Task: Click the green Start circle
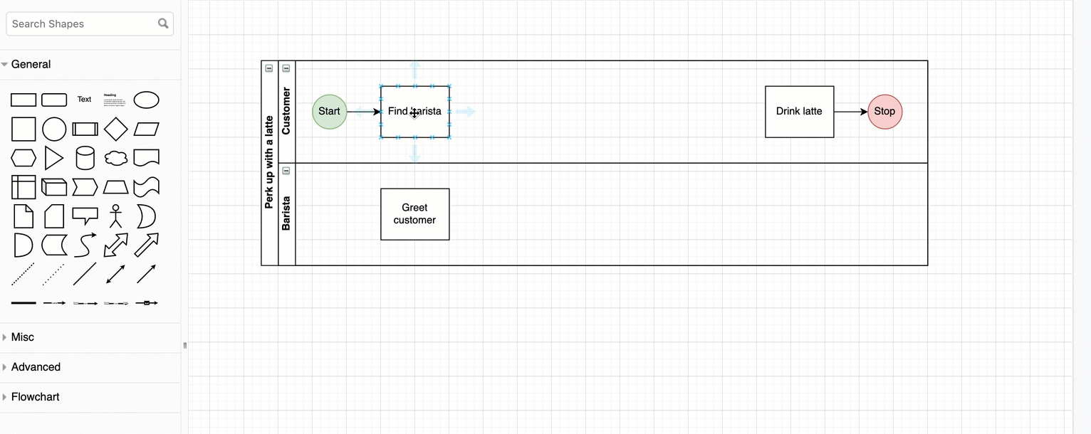point(330,112)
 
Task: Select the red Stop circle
point(884,112)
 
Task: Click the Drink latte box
point(799,112)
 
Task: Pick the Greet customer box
point(414,214)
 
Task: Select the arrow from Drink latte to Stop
point(850,112)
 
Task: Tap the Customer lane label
point(286,111)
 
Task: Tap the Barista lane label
point(286,213)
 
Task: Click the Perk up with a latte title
point(269,162)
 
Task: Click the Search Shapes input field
point(82,23)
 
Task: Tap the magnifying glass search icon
point(163,23)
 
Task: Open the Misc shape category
point(22,337)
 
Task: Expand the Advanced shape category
point(36,367)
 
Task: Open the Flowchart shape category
point(35,397)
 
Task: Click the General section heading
point(31,64)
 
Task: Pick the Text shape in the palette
point(85,100)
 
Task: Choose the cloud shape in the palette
point(115,158)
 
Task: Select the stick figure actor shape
point(115,216)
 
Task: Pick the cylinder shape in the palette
point(85,158)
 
